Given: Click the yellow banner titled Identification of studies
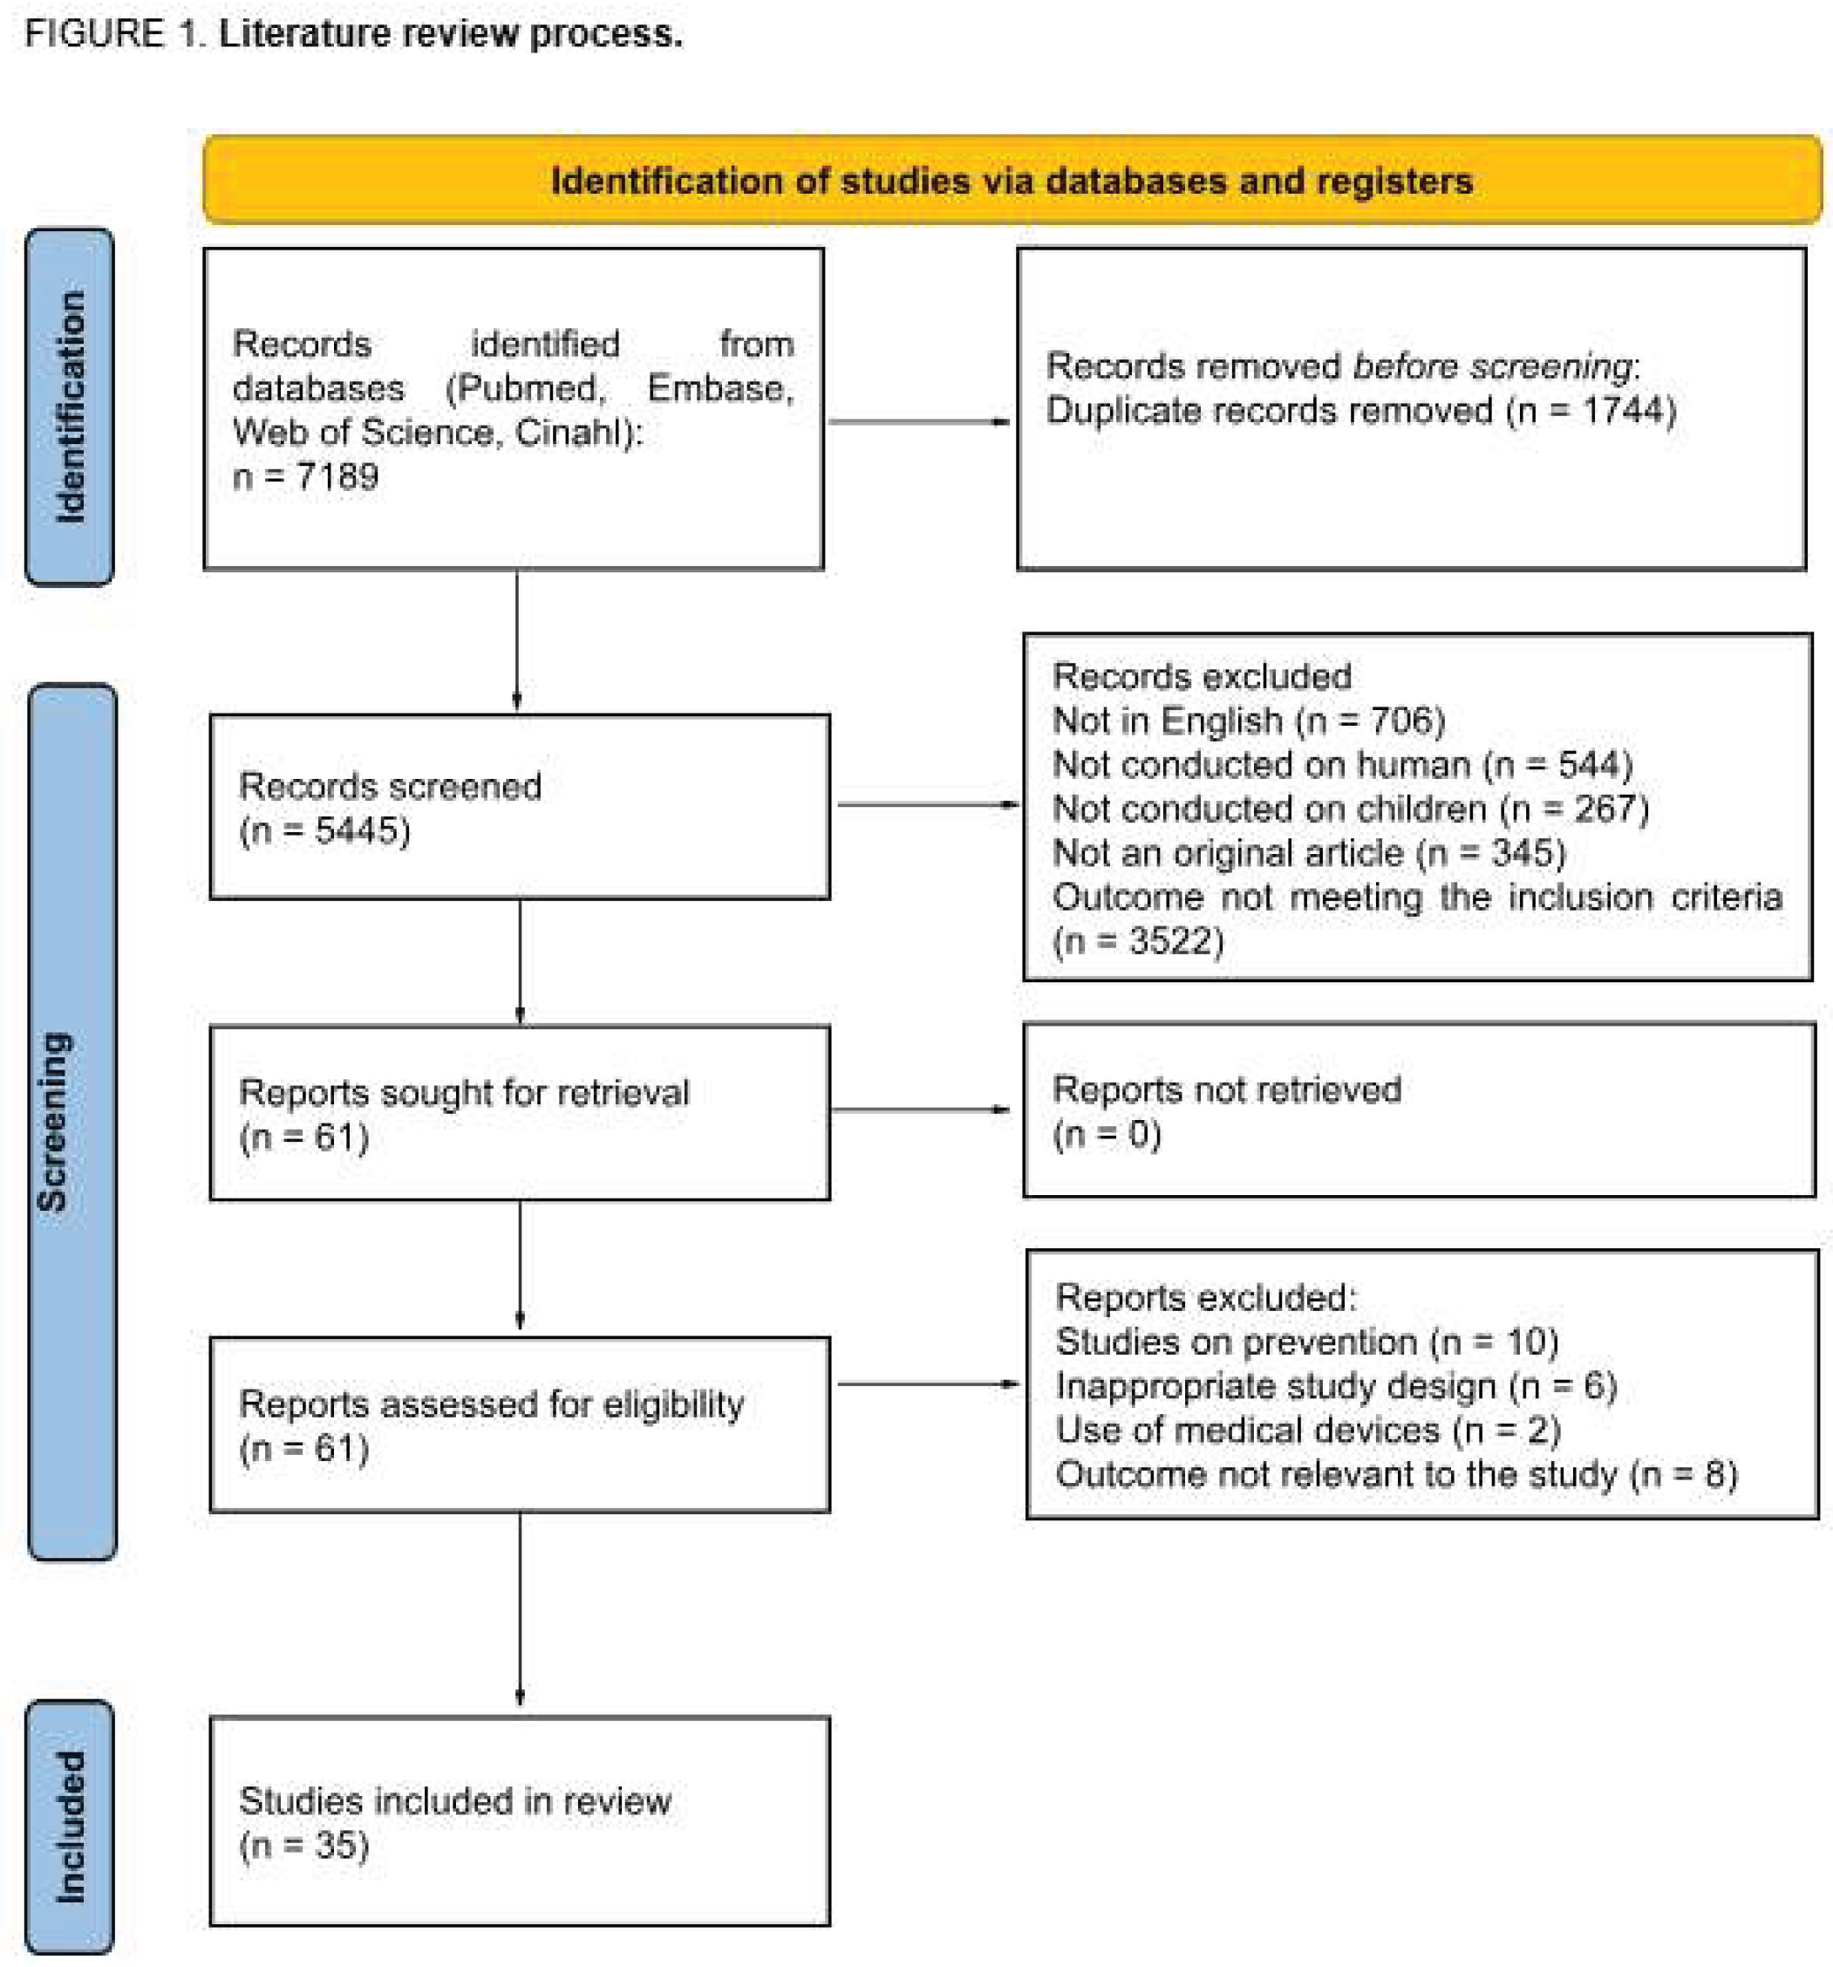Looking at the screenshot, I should coord(1011,180).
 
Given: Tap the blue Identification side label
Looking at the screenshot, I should coord(69,406).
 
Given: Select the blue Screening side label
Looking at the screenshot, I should coord(72,1121).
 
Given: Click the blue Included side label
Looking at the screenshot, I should coord(69,1827).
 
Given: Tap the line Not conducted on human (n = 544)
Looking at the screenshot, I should coord(1341,765).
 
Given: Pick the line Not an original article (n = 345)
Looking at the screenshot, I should coord(1308,853).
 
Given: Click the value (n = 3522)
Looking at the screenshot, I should coord(1138,941).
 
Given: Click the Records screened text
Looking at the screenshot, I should coord(390,787).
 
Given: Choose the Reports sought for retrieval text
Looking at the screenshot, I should coord(463,1093).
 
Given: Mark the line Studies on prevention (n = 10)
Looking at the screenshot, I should coord(1305,1342).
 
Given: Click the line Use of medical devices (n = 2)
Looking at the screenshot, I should coord(1307,1431).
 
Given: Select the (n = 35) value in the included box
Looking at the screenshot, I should coord(303,1845).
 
